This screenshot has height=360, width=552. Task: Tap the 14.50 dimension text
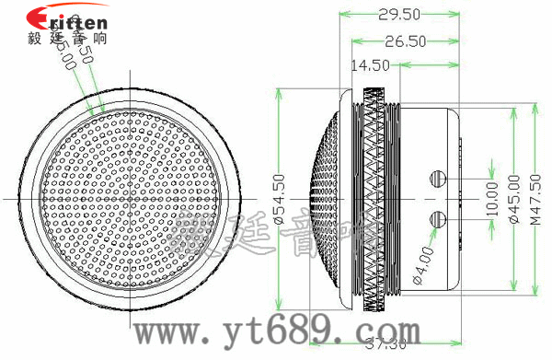(370, 64)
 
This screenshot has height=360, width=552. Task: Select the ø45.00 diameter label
(513, 197)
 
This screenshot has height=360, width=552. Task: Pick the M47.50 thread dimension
(536, 197)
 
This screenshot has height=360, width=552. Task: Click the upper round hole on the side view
(440, 177)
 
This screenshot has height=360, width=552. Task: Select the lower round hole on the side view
(440, 217)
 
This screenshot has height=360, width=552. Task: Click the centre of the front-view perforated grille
(129, 197)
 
